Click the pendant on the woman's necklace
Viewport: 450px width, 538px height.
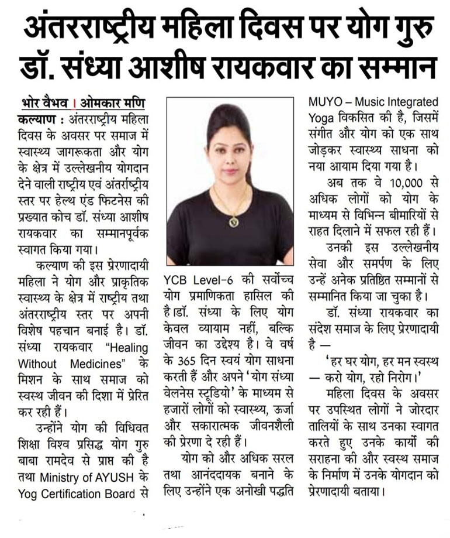(234, 222)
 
